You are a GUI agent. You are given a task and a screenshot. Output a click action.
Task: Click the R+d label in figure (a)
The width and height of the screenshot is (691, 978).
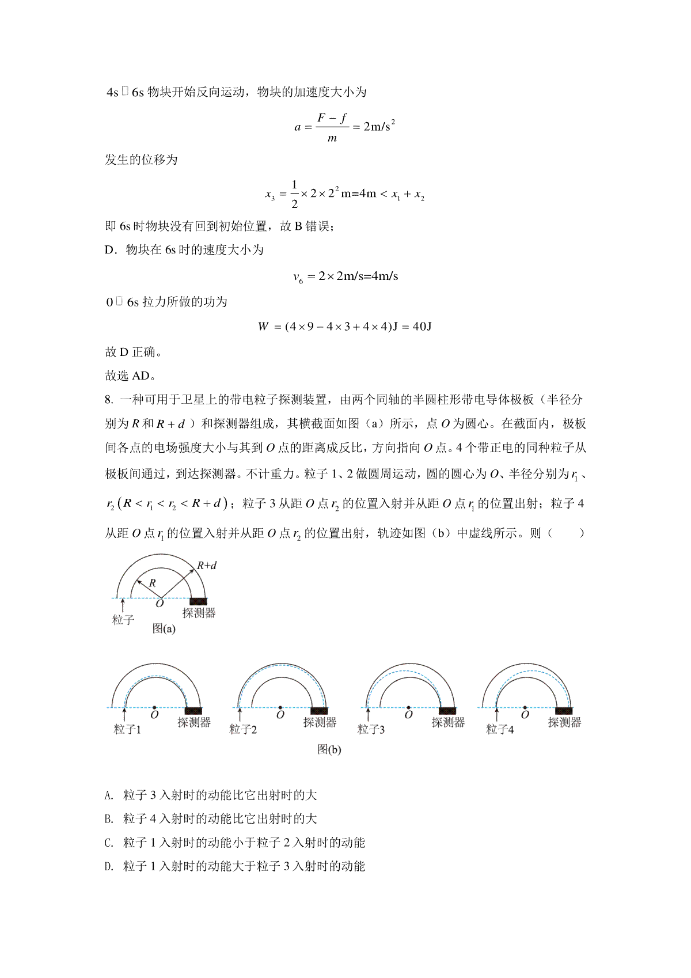(207, 566)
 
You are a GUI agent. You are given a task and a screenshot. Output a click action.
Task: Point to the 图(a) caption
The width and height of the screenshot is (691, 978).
(164, 628)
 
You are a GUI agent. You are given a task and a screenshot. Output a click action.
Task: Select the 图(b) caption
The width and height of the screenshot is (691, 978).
(329, 749)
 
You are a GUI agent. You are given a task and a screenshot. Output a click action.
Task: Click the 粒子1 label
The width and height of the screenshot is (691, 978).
(127, 729)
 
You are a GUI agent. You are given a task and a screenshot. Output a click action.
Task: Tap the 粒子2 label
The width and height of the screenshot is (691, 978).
(243, 729)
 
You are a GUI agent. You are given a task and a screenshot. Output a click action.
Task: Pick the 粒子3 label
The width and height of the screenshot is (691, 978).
(371, 729)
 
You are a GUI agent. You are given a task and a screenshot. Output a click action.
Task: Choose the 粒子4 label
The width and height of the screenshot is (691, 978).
(500, 729)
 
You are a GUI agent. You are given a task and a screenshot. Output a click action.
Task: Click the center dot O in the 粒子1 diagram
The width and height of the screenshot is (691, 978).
(154, 707)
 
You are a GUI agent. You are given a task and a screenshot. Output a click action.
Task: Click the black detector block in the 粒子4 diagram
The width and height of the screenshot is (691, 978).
(564, 711)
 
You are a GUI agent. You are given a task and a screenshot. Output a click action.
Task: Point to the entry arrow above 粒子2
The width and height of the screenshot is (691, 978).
(240, 715)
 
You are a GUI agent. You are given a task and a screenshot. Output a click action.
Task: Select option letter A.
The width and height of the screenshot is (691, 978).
(109, 795)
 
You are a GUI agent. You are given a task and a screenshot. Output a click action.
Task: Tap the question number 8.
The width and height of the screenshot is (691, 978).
(108, 400)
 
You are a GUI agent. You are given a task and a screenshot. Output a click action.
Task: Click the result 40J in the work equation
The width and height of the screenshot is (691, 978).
(422, 327)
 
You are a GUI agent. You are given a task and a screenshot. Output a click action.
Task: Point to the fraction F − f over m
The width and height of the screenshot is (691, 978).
(332, 127)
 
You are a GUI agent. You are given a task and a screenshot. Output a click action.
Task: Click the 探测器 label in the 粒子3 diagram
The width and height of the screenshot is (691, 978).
(448, 722)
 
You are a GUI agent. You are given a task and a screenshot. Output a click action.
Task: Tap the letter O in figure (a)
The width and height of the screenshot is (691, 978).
(160, 604)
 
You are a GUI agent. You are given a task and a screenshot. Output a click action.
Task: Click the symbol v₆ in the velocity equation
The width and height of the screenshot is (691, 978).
(298, 278)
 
